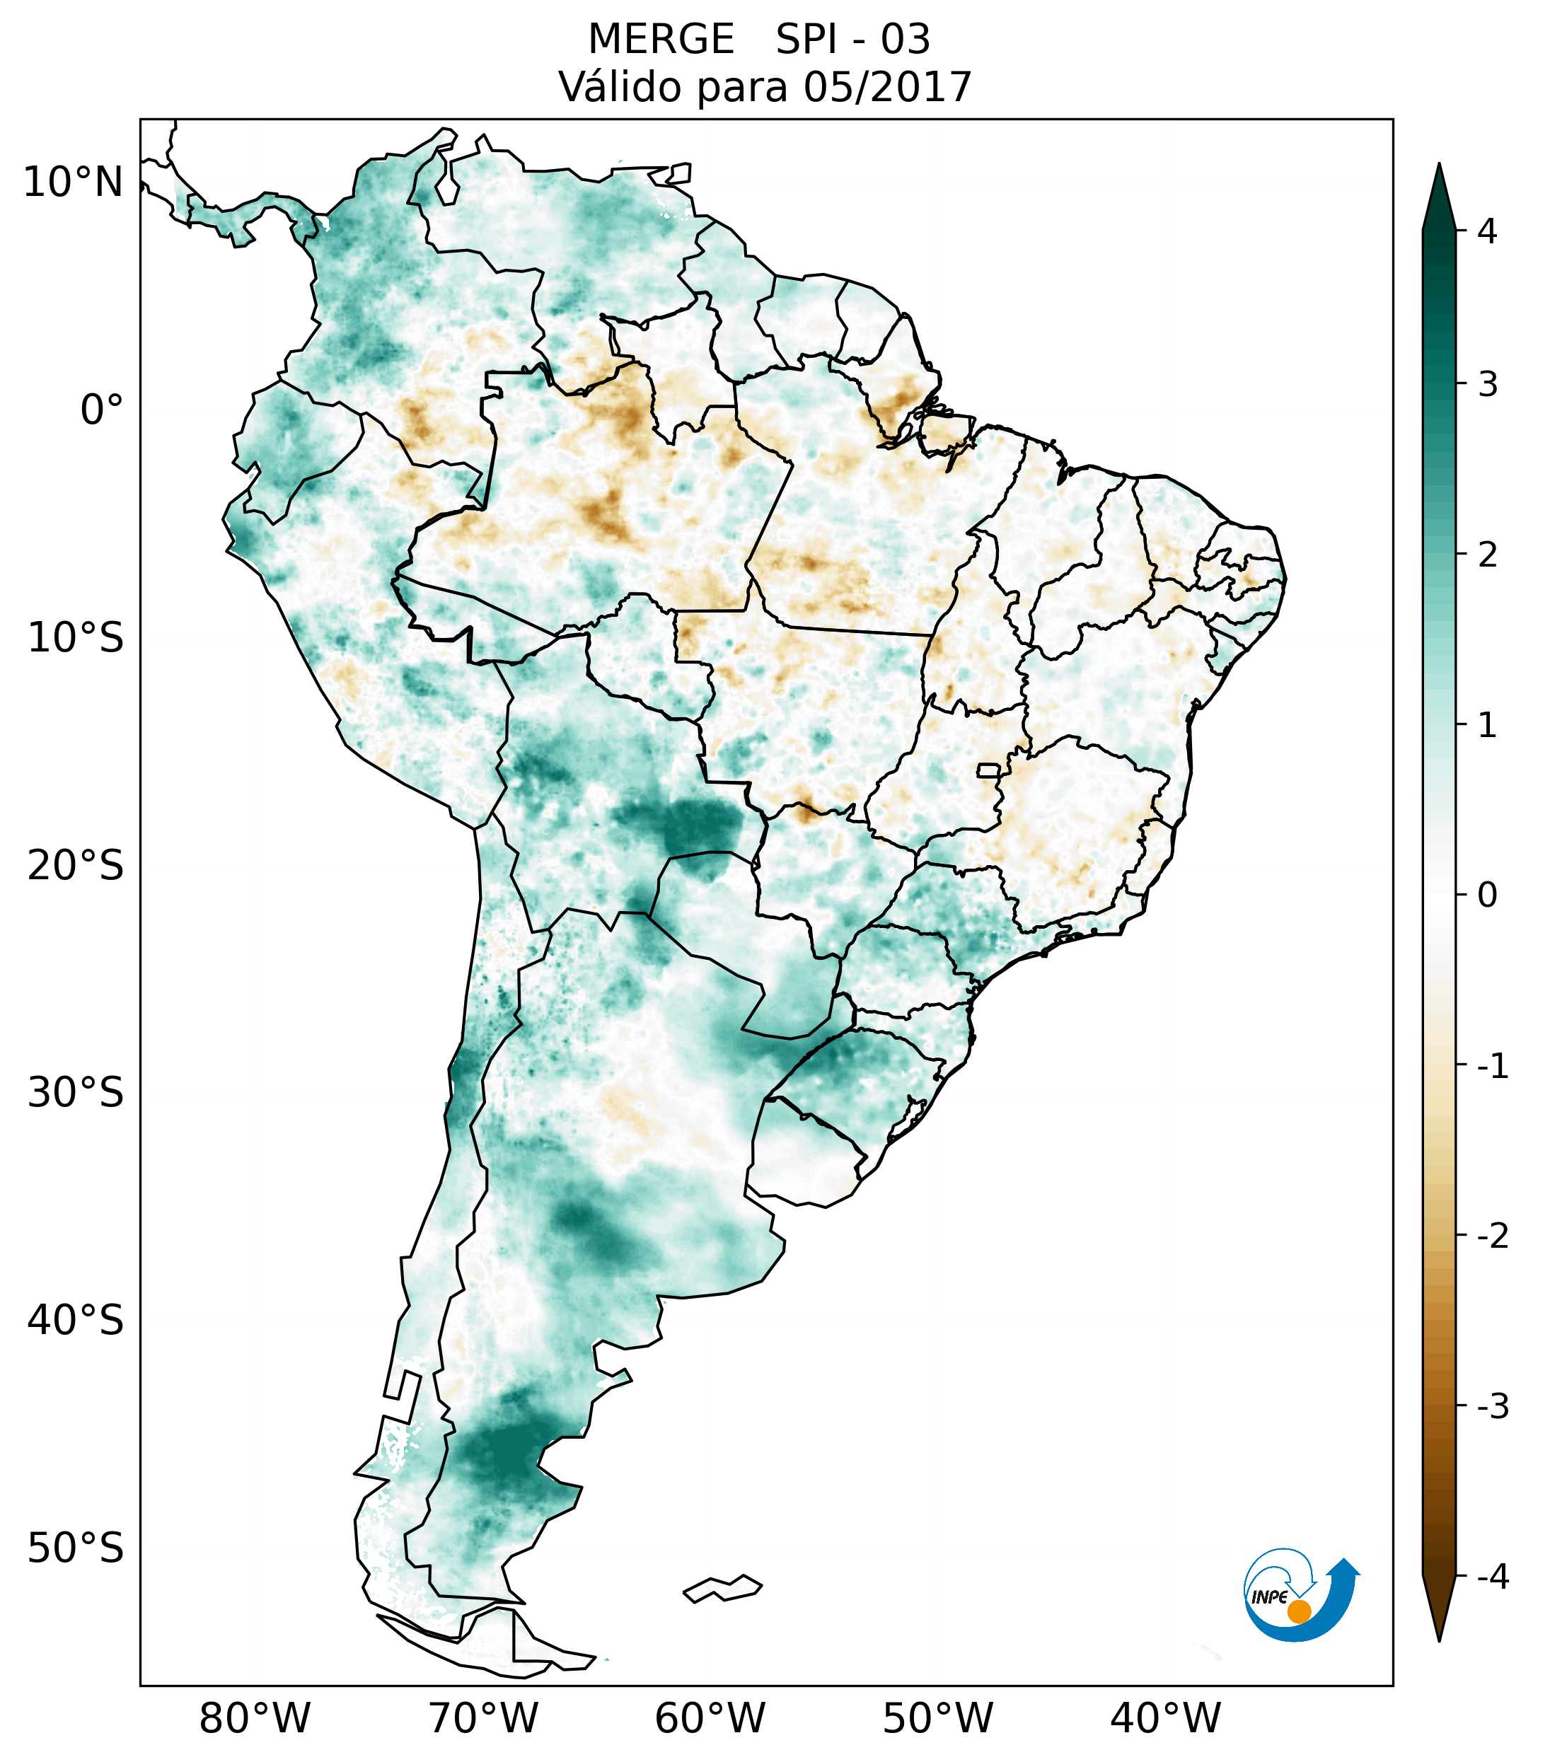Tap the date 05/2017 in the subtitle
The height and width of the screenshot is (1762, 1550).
[887, 87]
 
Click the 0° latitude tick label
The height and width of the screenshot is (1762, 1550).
[102, 410]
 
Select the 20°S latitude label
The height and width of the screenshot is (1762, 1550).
[76, 866]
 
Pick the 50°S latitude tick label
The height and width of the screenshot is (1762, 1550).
[76, 1548]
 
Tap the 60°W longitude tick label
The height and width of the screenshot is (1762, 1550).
[710, 1718]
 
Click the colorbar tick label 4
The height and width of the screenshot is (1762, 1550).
[1487, 231]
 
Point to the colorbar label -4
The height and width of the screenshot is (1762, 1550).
[1492, 1577]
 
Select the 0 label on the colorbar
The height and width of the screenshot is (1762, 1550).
[1487, 896]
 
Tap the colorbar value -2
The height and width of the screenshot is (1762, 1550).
[1492, 1237]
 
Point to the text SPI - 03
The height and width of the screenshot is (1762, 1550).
[852, 40]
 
